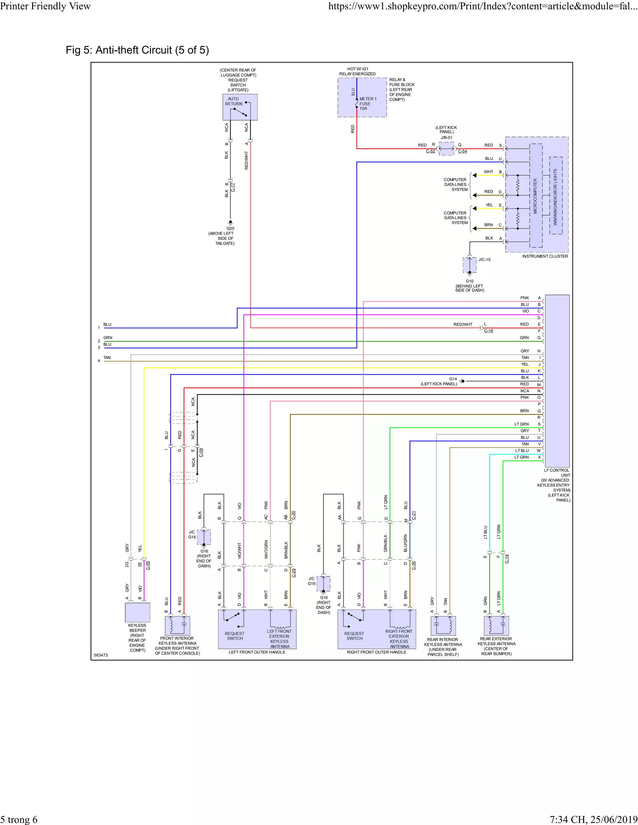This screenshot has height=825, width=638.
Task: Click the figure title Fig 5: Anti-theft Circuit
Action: [137, 50]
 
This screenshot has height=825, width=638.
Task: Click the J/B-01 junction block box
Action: [446, 148]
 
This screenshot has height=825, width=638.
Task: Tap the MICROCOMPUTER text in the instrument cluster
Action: [535, 196]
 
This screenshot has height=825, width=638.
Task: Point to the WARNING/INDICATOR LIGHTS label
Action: [555, 197]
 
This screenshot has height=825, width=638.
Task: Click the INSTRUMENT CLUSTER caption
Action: [545, 256]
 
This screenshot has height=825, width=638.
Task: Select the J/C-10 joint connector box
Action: [469, 265]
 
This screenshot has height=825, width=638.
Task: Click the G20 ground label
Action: [230, 229]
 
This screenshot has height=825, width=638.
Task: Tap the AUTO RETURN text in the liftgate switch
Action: [234, 101]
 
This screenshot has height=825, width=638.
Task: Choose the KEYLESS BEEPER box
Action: [138, 612]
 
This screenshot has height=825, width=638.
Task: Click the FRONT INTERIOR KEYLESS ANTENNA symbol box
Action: [178, 625]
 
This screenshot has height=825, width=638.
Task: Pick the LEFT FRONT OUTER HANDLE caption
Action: [257, 652]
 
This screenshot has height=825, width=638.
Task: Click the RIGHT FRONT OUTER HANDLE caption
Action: [376, 652]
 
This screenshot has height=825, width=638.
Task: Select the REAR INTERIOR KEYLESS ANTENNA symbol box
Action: [443, 625]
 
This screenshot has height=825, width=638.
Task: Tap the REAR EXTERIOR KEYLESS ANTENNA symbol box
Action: [496, 625]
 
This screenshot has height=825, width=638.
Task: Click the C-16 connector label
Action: [488, 331]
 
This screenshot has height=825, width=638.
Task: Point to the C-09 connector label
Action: [201, 452]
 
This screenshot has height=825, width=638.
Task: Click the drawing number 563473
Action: [101, 655]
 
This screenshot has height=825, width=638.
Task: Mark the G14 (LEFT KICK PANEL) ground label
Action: [439, 381]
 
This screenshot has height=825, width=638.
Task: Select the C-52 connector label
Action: [430, 151]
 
